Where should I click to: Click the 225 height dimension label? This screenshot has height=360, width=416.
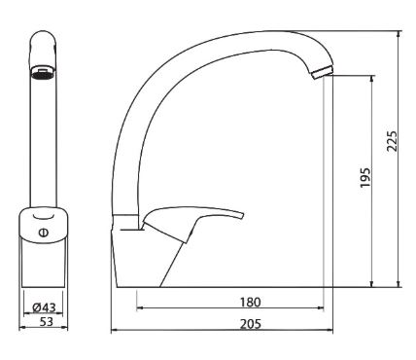[x=392, y=141]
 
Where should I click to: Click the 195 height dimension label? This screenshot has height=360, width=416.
[x=365, y=177]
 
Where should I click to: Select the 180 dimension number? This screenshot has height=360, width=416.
[x=250, y=303]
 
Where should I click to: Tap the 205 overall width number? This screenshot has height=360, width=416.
[x=251, y=324]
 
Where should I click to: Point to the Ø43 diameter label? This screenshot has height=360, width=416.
[x=45, y=307]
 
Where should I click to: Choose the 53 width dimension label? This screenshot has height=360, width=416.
[x=46, y=322]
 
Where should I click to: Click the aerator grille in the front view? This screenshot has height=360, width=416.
[x=44, y=75]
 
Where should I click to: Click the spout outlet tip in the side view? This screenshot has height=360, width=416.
[x=322, y=73]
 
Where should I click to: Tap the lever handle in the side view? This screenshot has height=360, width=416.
[x=192, y=223]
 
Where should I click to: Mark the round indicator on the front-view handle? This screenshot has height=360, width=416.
[x=43, y=233]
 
